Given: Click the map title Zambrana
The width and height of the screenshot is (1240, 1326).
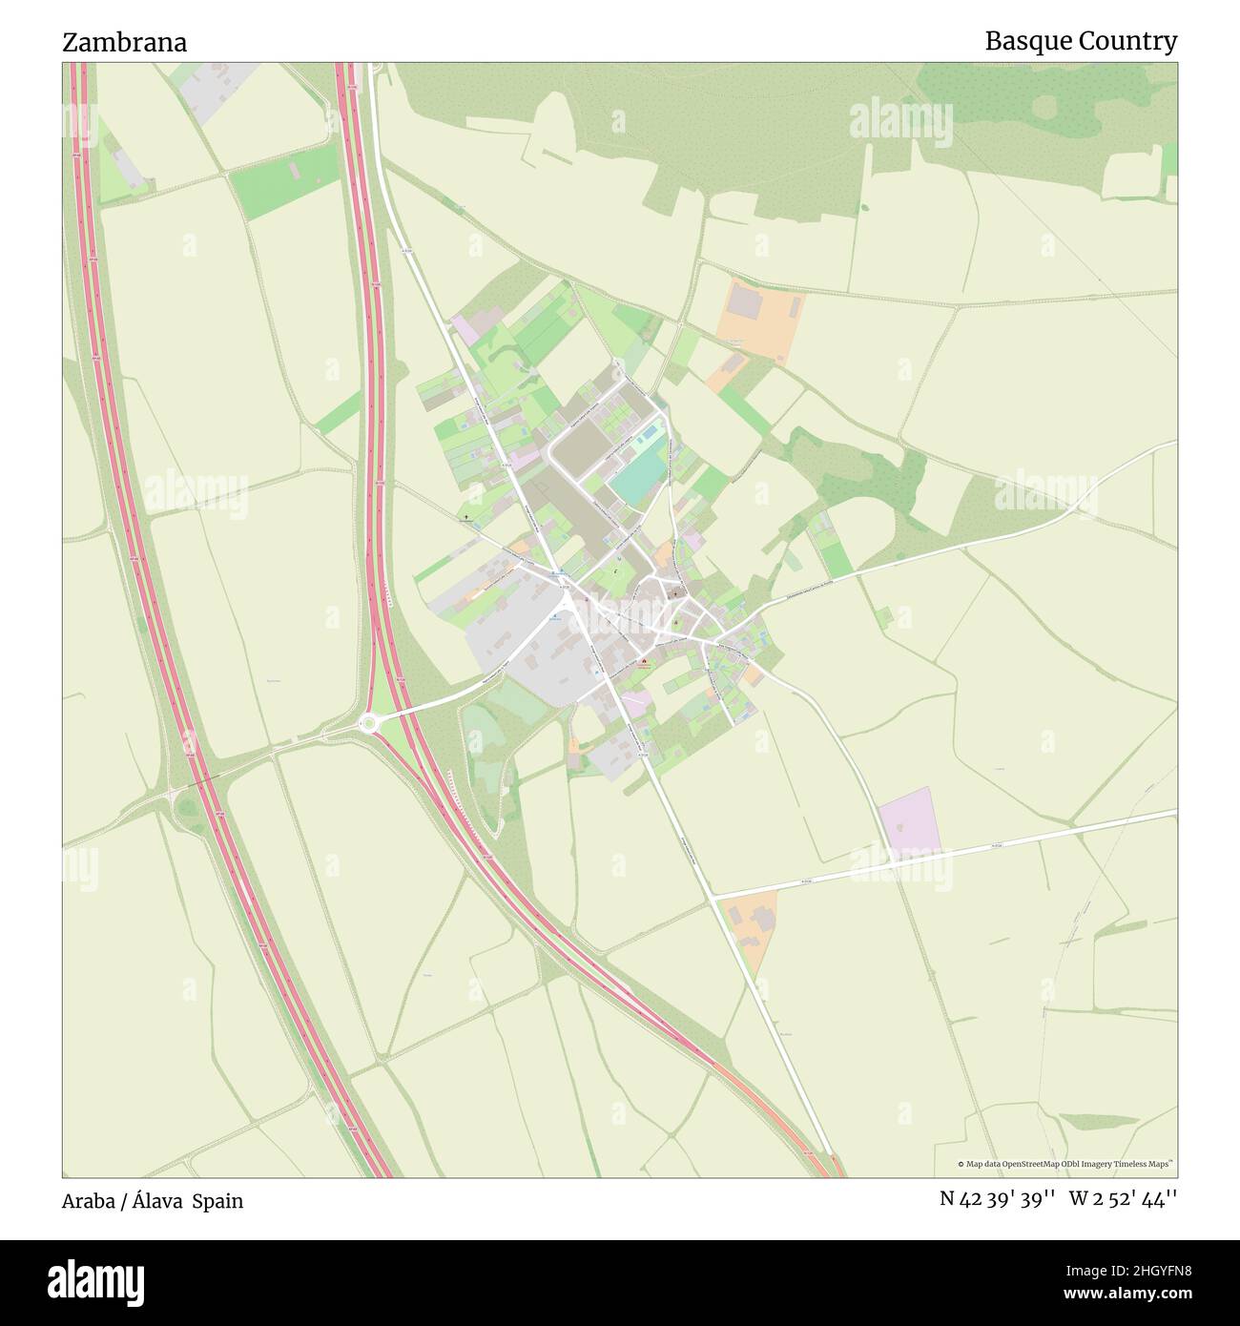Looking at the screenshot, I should click(124, 42).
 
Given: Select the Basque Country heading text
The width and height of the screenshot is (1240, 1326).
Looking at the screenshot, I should click(1080, 41).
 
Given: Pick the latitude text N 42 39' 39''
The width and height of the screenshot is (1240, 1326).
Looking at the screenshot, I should click(996, 1199).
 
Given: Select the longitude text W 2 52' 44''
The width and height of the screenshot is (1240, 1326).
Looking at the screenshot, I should click(1123, 1199).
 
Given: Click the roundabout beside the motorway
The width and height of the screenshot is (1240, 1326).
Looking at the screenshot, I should click(369, 725).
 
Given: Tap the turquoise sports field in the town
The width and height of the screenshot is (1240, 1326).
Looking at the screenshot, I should click(640, 474).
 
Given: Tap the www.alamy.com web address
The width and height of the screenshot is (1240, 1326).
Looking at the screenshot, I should click(1120, 1295).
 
